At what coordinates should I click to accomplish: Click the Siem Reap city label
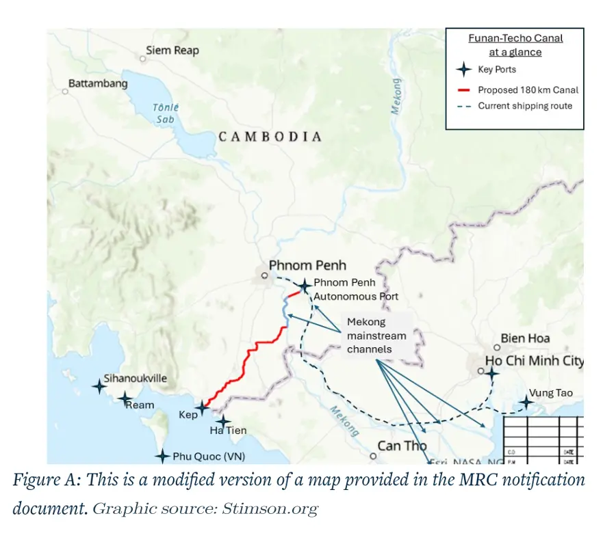point(172,51)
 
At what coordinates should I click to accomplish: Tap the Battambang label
point(98,83)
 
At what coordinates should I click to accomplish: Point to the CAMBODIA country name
point(270,137)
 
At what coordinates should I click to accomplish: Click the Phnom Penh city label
point(307,265)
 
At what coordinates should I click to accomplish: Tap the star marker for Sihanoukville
point(99,386)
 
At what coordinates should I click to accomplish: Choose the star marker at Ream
point(125,398)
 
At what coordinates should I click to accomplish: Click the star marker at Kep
point(201,408)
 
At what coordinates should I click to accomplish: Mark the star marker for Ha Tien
point(222,422)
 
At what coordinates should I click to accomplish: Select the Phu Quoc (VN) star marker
point(162,456)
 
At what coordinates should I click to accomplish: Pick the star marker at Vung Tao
point(526,402)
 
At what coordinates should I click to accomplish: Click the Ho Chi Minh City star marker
point(491,373)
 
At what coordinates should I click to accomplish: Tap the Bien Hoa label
point(525,338)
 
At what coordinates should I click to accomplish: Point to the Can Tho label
point(402,446)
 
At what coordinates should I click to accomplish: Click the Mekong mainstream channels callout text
point(376,336)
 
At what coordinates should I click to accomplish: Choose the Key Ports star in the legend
point(464,70)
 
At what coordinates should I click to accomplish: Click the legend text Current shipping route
point(525,106)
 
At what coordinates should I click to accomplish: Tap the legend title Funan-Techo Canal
point(515,39)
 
